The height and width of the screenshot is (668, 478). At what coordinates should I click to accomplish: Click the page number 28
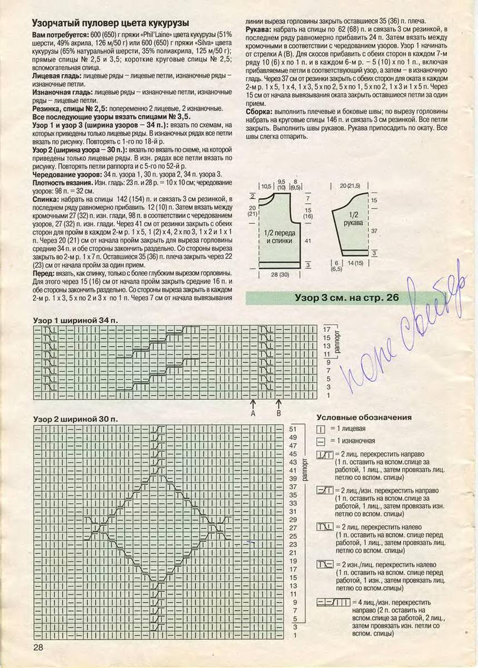pos(38,647)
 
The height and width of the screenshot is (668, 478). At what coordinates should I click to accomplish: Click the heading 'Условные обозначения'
pos(364,417)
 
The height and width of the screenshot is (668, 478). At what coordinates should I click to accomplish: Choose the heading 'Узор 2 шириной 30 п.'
pos(76,418)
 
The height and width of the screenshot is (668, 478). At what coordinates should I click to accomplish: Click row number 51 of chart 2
pos(294,429)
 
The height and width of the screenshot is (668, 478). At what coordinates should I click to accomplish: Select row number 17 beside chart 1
pos(327,330)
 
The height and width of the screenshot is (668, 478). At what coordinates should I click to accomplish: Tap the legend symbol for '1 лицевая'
pos(321,429)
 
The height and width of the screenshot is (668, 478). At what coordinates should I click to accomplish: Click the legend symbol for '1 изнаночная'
pos(321,440)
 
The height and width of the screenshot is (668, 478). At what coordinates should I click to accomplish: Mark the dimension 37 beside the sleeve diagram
pos(374,229)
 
